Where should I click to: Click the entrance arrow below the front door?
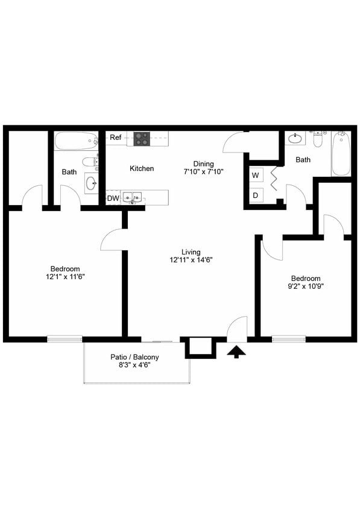click(x=236, y=351)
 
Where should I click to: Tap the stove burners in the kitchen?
click(x=142, y=139)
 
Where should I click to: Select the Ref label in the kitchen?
click(x=116, y=138)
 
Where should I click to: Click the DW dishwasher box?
click(x=113, y=198)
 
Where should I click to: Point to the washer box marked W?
click(x=256, y=175)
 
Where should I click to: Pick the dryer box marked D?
click(x=256, y=195)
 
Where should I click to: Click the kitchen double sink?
click(x=133, y=197)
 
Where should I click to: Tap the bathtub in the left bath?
click(x=76, y=141)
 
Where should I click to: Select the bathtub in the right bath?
click(x=341, y=154)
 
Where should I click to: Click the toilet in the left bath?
click(x=90, y=162)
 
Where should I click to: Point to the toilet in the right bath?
click(x=318, y=139)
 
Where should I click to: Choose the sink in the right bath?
click(x=295, y=138)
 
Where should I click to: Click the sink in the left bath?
click(x=92, y=183)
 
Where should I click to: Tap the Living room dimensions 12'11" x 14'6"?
click(x=191, y=260)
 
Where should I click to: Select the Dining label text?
click(x=204, y=163)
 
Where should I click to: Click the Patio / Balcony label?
click(x=134, y=357)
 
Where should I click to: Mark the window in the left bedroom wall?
click(x=65, y=339)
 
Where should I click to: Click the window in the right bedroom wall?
click(x=289, y=339)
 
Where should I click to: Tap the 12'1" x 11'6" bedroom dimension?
click(x=65, y=277)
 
